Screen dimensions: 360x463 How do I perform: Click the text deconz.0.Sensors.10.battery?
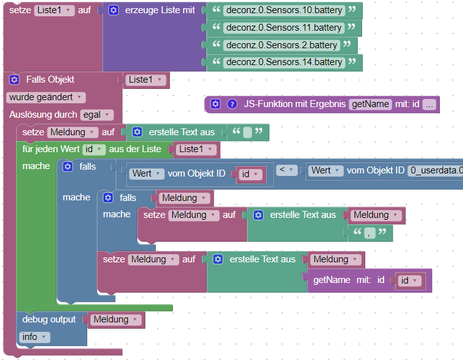pos(284,11)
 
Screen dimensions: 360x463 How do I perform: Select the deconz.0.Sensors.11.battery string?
pos(284,28)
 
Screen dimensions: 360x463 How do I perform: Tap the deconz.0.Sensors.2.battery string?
pos(281,45)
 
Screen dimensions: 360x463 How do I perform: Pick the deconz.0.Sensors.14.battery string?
pos(284,62)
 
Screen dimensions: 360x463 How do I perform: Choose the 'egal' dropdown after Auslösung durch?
pos(96,115)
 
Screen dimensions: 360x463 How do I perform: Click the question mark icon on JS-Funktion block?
pos(232,104)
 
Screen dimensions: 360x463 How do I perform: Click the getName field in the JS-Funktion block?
pos(370,105)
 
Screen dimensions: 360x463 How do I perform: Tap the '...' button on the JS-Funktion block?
pos(429,105)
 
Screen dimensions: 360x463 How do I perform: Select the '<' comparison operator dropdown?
pos(286,170)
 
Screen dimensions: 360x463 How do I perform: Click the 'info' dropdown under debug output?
pos(35,337)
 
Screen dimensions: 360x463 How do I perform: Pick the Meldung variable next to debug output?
pos(116,319)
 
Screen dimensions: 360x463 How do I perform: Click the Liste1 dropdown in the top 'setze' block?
pos(55,11)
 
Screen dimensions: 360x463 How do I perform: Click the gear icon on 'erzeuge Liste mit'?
pos(113,11)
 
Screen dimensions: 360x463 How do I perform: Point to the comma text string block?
pos(370,233)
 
